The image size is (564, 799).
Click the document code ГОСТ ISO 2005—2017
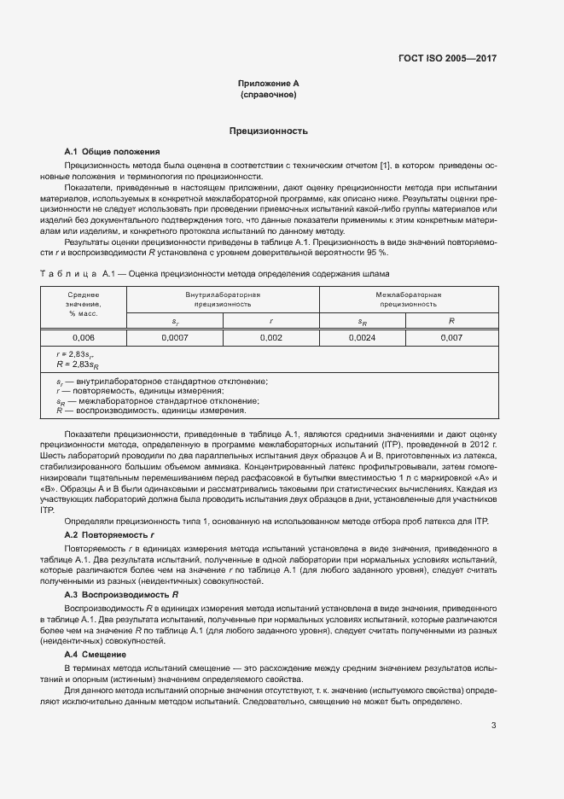point(447,59)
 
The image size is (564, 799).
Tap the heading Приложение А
point(268,84)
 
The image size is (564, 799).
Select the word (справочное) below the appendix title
point(268,95)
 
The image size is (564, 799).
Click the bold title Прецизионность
point(268,131)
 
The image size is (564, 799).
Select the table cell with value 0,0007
point(174,338)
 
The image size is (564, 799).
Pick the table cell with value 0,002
point(270,338)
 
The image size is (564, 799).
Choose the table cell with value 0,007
point(451,338)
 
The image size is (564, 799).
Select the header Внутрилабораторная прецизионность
point(223,299)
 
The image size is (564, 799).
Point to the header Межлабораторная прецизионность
point(409,299)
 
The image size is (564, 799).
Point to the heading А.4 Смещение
point(96,653)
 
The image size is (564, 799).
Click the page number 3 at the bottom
point(493,726)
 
